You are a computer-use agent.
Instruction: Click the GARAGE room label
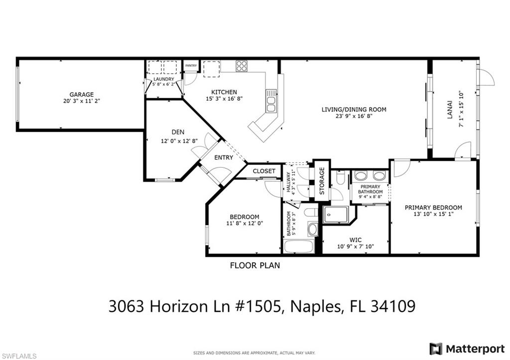(x=81, y=95)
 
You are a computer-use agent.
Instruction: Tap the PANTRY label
(x=191, y=66)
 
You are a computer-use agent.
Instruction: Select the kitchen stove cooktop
(x=242, y=66)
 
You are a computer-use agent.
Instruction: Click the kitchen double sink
(x=270, y=101)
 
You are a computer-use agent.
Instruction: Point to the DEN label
(x=178, y=132)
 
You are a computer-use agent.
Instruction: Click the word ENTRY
(x=224, y=158)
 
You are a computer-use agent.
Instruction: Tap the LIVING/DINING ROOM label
(x=354, y=110)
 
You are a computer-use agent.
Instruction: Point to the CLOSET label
(x=264, y=171)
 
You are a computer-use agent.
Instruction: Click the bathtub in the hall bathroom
(x=299, y=246)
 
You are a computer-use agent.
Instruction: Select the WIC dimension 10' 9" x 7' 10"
(x=356, y=246)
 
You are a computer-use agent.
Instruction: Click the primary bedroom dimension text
(x=434, y=214)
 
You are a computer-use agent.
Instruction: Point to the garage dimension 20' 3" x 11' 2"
(x=81, y=101)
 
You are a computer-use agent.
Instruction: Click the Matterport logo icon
(x=436, y=349)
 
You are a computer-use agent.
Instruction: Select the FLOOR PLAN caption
(x=255, y=265)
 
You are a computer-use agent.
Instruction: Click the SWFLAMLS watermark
(x=18, y=356)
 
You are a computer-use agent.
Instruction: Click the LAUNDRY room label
(x=164, y=79)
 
